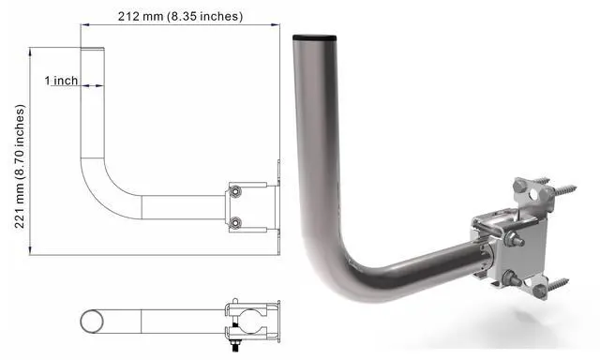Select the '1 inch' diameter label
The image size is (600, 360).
[62, 81]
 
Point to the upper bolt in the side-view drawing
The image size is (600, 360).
[235, 192]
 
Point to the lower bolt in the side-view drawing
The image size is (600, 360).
[235, 222]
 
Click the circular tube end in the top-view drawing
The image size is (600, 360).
[92, 320]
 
